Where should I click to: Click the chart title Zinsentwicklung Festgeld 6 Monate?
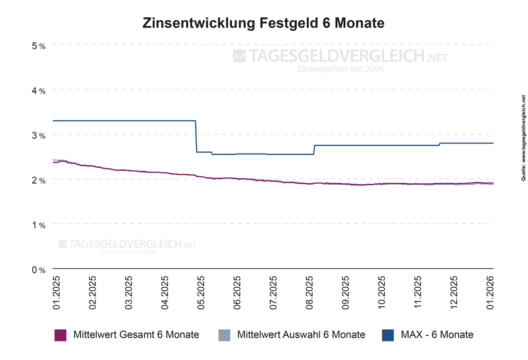tap(263, 24)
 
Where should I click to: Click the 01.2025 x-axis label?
tap(56, 291)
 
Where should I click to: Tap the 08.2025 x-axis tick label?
tap(310, 291)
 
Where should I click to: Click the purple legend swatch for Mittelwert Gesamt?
tap(60, 335)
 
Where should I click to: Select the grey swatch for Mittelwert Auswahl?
tap(224, 335)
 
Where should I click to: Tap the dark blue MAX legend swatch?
tap(388, 335)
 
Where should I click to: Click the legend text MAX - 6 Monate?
tap(437, 335)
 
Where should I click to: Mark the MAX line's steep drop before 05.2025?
tap(196, 137)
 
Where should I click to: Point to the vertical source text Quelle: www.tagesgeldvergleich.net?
tap(523, 146)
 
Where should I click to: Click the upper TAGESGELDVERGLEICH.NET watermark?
tap(341, 56)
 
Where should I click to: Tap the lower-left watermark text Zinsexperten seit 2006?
tap(127, 252)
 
